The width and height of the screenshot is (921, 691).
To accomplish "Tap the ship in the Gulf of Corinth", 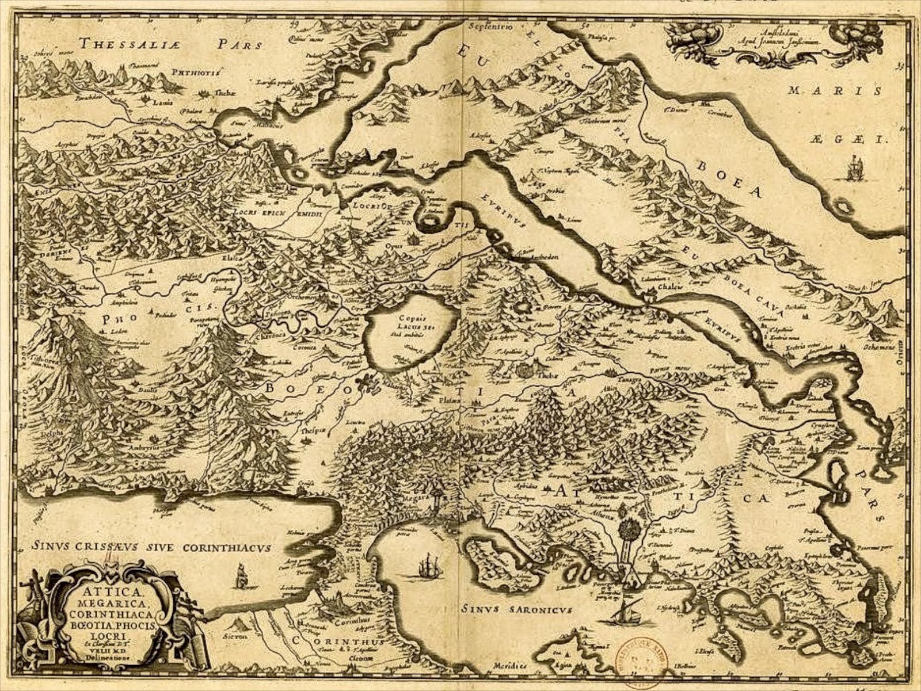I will tap(241, 575).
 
